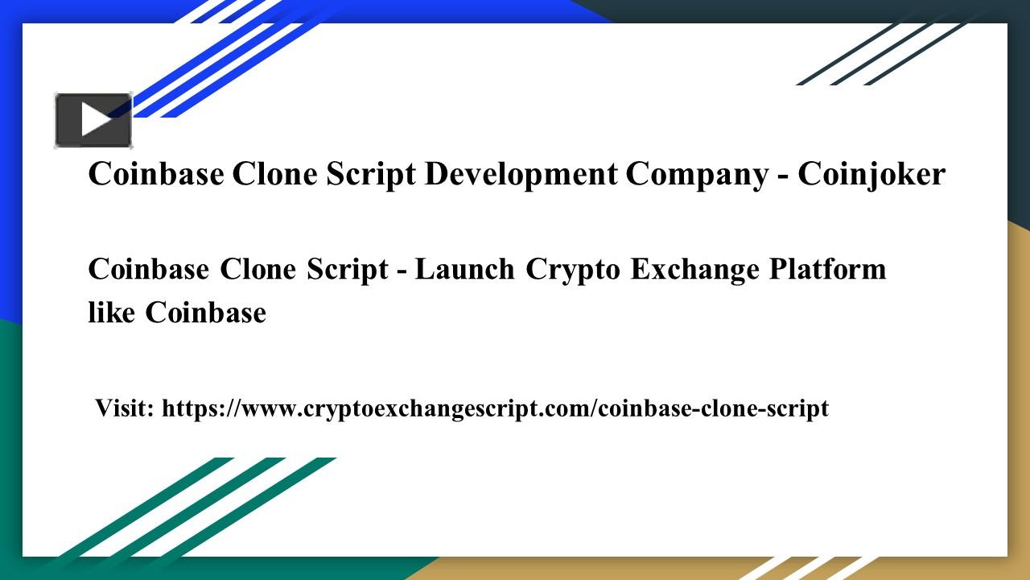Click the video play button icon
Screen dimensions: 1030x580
point(93,120)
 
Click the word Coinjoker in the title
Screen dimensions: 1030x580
point(871,175)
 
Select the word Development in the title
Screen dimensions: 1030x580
point(521,176)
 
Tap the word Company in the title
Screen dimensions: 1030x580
point(697,176)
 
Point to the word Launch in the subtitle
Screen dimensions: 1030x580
point(464,269)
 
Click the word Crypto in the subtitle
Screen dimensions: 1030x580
point(572,270)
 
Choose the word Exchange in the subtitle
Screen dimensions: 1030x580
point(694,270)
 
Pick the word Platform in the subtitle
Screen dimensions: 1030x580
point(827,269)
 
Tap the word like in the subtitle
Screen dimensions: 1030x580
point(111,312)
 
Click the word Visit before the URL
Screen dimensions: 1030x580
point(124,408)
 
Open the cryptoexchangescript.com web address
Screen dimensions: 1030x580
point(495,408)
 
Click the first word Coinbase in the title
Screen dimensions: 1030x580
point(156,174)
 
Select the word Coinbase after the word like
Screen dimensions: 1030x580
point(205,312)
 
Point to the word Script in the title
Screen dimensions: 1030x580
point(371,176)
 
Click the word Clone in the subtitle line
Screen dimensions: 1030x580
point(258,269)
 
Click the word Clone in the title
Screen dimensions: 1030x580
point(274,174)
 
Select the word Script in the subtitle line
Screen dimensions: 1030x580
point(347,270)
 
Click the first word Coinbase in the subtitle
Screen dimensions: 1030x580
point(149,269)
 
